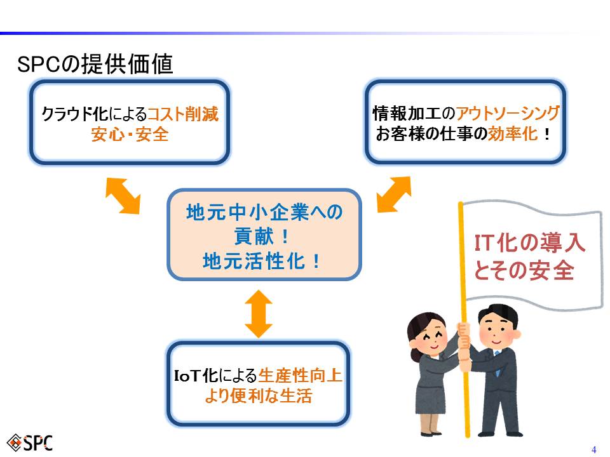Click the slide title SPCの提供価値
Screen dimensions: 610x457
coord(95,63)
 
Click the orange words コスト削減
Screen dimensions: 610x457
coord(183,114)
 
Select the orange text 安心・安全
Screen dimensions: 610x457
coord(130,135)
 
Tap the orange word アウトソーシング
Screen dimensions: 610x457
coord(508,113)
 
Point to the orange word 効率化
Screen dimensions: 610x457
coord(512,134)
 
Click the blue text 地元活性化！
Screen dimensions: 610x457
coord(261,261)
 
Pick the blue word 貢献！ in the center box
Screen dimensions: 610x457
coord(261,236)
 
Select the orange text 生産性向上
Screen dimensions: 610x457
coord(300,375)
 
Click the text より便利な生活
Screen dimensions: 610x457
coord(259,396)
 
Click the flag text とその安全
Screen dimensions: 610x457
coord(524,270)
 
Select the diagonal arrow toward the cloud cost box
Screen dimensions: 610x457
coord(123,195)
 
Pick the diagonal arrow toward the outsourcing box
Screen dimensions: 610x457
coord(394,194)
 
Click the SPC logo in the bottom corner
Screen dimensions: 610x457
coord(30,442)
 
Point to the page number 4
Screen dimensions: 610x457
coord(593,449)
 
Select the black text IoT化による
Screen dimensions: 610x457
coord(215,375)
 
